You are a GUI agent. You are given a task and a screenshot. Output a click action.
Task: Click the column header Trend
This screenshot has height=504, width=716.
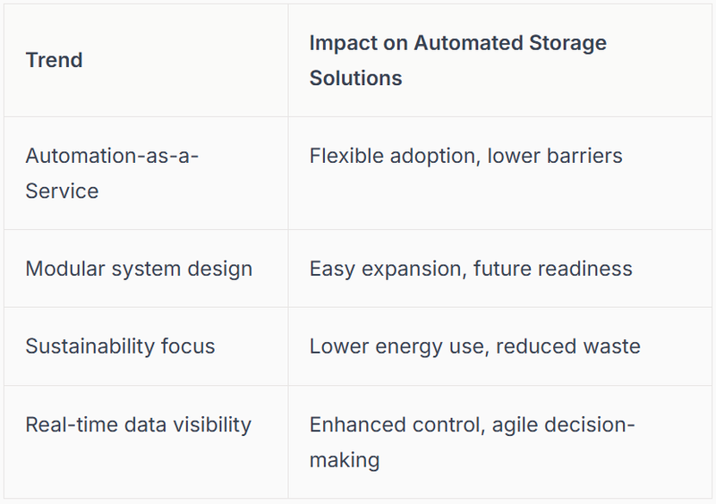point(54,60)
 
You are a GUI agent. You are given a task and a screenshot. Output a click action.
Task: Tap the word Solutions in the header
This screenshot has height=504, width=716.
point(355,78)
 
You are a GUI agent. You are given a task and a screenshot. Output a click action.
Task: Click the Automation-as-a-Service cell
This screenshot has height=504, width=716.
point(112,173)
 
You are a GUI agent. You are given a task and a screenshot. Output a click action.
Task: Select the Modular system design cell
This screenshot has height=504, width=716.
point(139,269)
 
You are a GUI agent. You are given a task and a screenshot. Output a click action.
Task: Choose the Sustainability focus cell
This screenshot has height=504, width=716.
point(120,346)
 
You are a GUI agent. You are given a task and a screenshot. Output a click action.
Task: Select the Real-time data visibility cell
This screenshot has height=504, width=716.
point(138,424)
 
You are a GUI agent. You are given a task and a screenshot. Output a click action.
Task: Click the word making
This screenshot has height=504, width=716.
point(345,460)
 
